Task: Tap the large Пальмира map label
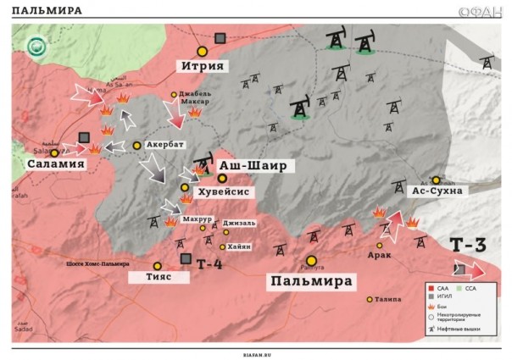pos(312,280)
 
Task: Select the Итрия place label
pos(201,65)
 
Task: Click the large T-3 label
pos(468,246)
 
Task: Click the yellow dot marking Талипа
pos(370,299)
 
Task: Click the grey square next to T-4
pos(186,258)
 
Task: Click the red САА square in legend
pos(432,287)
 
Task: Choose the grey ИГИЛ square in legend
pos(432,296)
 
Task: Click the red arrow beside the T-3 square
pos(477,271)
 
